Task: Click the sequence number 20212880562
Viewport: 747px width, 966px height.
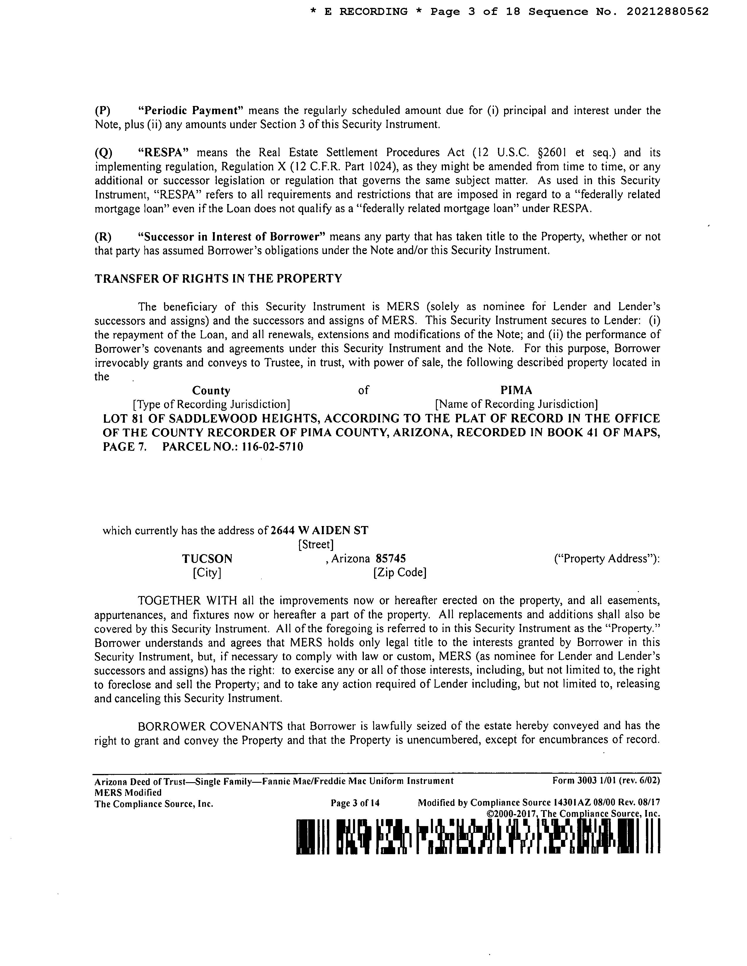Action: tap(667, 12)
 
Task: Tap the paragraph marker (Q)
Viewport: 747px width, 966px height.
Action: tap(103, 153)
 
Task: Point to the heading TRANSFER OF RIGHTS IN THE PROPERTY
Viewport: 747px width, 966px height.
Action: tap(218, 279)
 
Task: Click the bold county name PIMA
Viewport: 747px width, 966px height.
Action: tap(516, 390)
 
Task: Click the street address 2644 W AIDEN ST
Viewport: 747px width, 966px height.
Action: tap(319, 530)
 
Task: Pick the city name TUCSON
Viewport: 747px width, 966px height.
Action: tap(207, 559)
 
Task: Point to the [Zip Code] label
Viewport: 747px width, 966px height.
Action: tap(400, 573)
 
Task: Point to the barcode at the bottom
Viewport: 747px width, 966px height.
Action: tap(478, 836)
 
